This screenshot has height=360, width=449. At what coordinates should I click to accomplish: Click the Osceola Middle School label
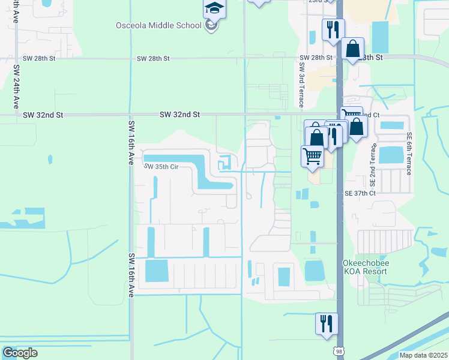point(158,25)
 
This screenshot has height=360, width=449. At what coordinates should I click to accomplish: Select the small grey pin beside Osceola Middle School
point(211,26)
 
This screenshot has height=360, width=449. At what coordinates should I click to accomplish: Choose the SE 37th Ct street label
point(360,194)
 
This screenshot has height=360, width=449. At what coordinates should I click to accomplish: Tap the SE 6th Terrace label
point(409,154)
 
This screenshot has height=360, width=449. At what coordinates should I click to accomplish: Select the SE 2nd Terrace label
point(373,164)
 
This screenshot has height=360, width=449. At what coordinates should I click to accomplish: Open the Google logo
point(20,353)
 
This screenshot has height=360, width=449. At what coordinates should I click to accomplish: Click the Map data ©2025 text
point(423,355)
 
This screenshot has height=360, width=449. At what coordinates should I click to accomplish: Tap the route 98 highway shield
point(339,349)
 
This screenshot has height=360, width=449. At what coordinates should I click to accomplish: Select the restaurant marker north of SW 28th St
point(333,29)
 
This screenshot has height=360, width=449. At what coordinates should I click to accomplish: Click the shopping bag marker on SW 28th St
point(353,49)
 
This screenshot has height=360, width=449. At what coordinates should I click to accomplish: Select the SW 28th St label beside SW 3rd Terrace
point(316,58)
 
